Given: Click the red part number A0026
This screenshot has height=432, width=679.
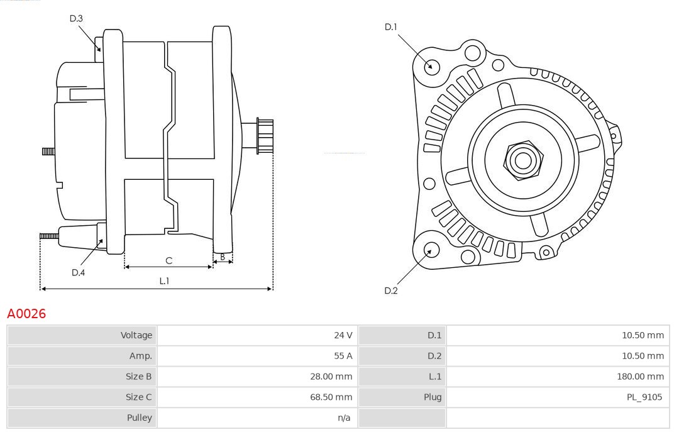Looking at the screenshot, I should pos(26,313).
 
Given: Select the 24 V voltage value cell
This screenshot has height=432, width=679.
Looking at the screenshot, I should pos(343,335).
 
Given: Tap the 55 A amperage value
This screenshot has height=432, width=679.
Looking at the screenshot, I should pos(343,356).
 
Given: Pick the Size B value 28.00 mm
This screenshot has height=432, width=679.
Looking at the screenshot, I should pos(333,377).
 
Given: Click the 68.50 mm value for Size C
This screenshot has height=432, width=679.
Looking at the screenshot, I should pos(333,397).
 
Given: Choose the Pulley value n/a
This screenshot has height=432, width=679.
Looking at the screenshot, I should pos(344,418).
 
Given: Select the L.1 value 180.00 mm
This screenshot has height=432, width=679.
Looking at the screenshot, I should pos(640,377).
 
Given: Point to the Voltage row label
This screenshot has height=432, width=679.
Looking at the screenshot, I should pos(136,335).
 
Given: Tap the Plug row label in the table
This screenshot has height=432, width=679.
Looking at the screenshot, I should pos(433,397).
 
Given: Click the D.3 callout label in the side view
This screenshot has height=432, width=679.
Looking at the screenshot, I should pos(76,19).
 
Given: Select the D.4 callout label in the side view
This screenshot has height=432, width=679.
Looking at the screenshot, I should pos(78,272).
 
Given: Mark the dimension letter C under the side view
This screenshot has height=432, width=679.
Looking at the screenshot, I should pos(168,260).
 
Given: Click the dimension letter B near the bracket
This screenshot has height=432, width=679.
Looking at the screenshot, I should pos(223,257).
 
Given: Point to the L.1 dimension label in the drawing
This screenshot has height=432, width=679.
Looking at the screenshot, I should pos(164,281).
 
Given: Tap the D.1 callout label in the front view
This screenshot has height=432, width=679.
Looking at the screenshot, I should pos(391,26).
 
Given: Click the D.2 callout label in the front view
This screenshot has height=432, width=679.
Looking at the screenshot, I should pos(391,291).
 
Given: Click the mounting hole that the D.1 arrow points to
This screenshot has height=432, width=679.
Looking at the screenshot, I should pos(431,65).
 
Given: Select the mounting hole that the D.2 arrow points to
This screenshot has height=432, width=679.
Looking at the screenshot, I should pos(430,251).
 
